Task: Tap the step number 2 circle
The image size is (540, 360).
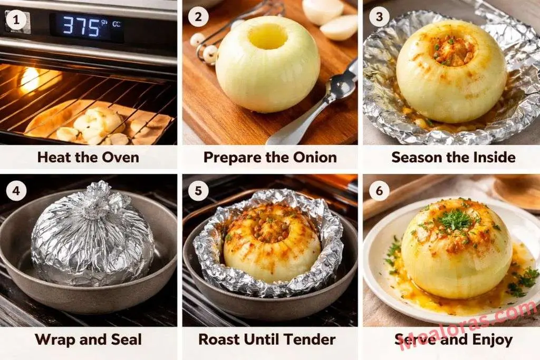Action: click(198, 17)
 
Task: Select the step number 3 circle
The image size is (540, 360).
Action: click(379, 17)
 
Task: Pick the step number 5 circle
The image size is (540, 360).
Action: click(198, 190)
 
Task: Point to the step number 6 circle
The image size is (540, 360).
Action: click(379, 190)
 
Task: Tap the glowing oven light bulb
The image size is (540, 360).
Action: click(30, 79)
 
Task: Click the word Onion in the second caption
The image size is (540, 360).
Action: click(314, 157)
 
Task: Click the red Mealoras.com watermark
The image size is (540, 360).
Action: click(469, 324)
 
